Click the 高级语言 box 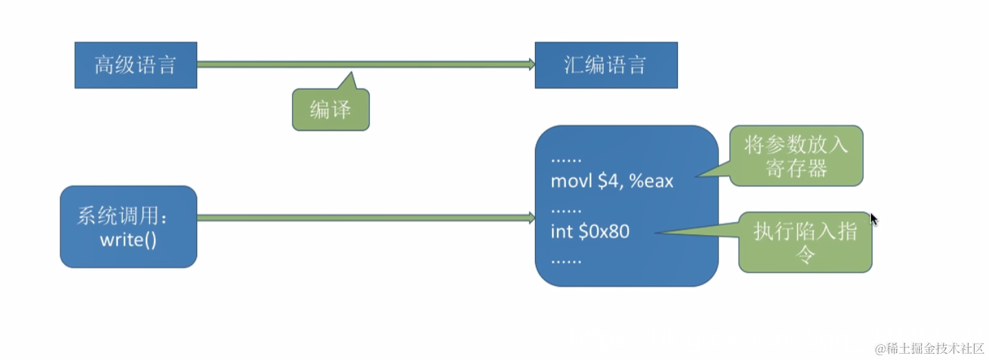pos(135,65)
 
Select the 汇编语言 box pos(606,65)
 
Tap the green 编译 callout pos(330,110)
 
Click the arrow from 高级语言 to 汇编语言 pos(364,65)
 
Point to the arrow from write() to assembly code pos(364,218)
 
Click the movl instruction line pos(612,182)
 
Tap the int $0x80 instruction pos(590,232)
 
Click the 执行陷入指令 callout pos(805,243)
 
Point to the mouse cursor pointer pos(873,218)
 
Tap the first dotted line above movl pos(566,159)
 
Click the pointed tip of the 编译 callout pos(351,74)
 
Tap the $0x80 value pos(604,232)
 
